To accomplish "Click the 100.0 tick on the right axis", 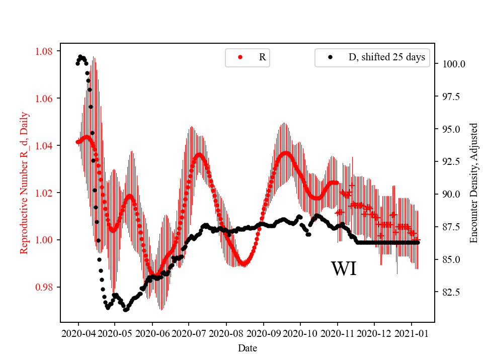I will click(454, 64).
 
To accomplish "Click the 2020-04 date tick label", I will click(78, 333).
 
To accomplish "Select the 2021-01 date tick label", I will click(412, 333).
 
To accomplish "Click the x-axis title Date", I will click(247, 347).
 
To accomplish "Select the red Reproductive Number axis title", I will click(24, 183).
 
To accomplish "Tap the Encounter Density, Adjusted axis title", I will click(473, 183).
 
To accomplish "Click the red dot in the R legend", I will click(240, 57).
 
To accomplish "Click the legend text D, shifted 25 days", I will click(387, 57).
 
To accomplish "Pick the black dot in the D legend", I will click(330, 57).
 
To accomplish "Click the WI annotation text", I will click(344, 269).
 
